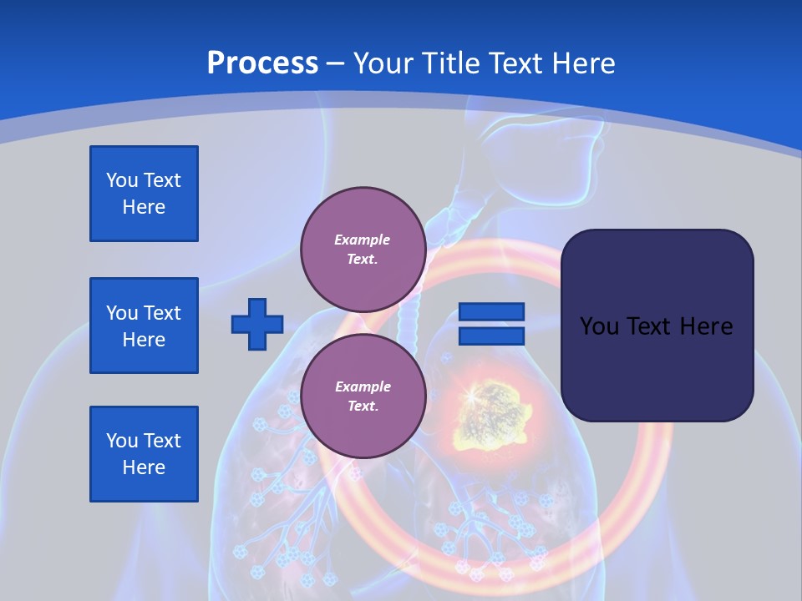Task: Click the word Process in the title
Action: pos(262,63)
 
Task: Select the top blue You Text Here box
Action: pos(144,194)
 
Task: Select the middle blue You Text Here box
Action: pos(144,326)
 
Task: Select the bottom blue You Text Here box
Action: pos(144,454)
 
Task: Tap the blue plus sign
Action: pos(257,324)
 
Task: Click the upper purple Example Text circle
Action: pos(363,250)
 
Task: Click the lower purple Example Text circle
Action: pos(363,396)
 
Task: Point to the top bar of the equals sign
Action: pos(491,312)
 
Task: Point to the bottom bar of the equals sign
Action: pos(491,336)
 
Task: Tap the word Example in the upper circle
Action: pos(363,240)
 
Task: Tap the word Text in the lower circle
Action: pos(363,407)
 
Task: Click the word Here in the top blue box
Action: pos(144,207)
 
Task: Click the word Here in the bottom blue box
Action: pos(144,467)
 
